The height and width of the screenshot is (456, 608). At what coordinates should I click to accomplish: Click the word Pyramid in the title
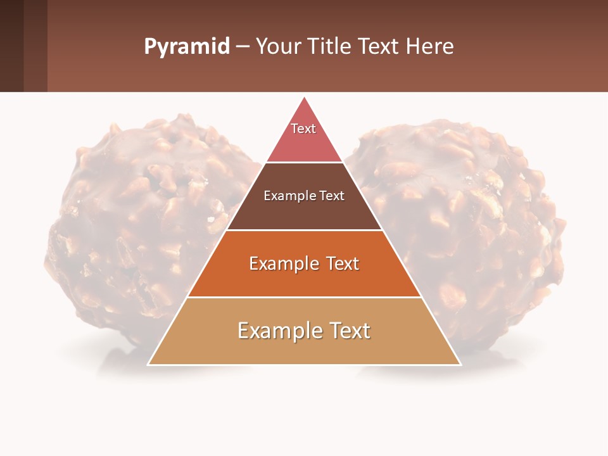pos(186,47)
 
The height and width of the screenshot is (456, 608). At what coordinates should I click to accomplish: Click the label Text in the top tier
pos(303,129)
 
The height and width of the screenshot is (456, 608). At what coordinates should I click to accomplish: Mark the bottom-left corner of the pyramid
pos(148,364)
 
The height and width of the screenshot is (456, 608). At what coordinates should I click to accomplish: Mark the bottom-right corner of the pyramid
pos(460,364)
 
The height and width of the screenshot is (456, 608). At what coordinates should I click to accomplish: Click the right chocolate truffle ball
pos(481,222)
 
